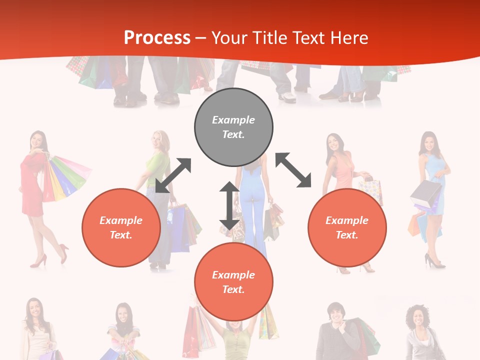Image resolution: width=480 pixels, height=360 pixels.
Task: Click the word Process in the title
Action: click(x=157, y=38)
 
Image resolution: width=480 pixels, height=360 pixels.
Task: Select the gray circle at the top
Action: click(x=233, y=127)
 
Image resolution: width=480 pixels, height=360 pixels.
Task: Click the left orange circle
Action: click(x=121, y=227)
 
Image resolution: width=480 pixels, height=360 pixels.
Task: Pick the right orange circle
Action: click(x=347, y=227)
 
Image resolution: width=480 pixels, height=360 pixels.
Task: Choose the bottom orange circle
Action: click(x=233, y=282)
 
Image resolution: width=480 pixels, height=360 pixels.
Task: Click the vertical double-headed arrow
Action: click(x=229, y=205)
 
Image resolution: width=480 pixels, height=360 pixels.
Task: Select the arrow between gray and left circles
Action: click(x=173, y=175)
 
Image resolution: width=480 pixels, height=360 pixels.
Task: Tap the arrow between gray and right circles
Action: click(x=293, y=170)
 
